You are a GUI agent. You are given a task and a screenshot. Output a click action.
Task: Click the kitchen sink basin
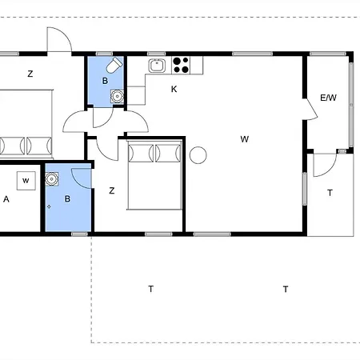click(157, 66)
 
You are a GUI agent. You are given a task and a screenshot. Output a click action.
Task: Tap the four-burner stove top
click(181, 66)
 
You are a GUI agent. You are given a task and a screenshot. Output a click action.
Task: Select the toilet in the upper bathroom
click(114, 65)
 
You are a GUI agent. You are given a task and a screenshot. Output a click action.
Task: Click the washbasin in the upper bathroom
click(117, 96)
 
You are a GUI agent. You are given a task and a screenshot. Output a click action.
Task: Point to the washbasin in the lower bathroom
click(52, 179)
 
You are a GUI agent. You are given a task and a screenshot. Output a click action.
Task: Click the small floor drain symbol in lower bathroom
click(49, 206)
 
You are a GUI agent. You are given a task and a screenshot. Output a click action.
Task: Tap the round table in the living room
click(198, 155)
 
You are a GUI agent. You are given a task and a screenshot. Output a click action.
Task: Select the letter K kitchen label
click(174, 89)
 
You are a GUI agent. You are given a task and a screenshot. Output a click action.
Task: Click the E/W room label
click(328, 98)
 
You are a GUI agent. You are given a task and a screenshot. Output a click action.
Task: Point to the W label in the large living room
click(245, 139)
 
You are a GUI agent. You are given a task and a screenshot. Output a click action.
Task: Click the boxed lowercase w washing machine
click(26, 181)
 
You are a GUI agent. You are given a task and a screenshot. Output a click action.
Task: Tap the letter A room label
click(6, 199)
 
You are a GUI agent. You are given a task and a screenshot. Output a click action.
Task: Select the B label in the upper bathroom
click(105, 81)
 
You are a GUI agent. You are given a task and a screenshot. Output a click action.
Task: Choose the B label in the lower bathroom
click(67, 198)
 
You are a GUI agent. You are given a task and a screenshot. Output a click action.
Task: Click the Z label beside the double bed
click(112, 190)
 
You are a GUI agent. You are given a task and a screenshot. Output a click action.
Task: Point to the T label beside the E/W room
click(330, 193)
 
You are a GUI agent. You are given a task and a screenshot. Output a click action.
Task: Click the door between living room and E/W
click(311, 109)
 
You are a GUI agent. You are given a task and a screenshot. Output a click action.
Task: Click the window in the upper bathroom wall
click(104, 54)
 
